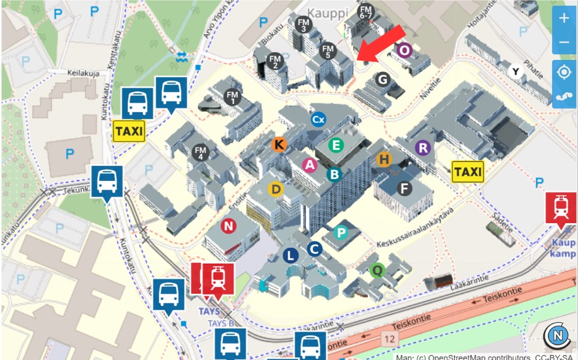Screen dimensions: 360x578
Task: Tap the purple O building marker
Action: (404, 50)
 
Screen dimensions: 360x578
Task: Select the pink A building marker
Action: (309, 165)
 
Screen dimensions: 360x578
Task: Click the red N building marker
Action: (228, 226)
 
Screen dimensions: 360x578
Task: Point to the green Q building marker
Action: (377, 270)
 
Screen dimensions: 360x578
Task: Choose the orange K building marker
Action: (279, 144)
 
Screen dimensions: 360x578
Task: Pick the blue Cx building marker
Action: (318, 119)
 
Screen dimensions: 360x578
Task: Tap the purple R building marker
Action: (423, 148)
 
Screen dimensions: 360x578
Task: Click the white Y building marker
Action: (516, 71)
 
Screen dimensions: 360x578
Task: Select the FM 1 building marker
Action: (233, 97)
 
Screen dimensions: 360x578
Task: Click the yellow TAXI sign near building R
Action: (468, 171)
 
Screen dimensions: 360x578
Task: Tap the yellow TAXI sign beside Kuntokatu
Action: (129, 131)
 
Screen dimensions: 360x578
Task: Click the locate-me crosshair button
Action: (563, 72)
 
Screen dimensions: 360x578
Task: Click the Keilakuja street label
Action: (85, 73)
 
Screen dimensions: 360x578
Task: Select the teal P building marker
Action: (341, 233)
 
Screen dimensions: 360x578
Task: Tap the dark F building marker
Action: (404, 188)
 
